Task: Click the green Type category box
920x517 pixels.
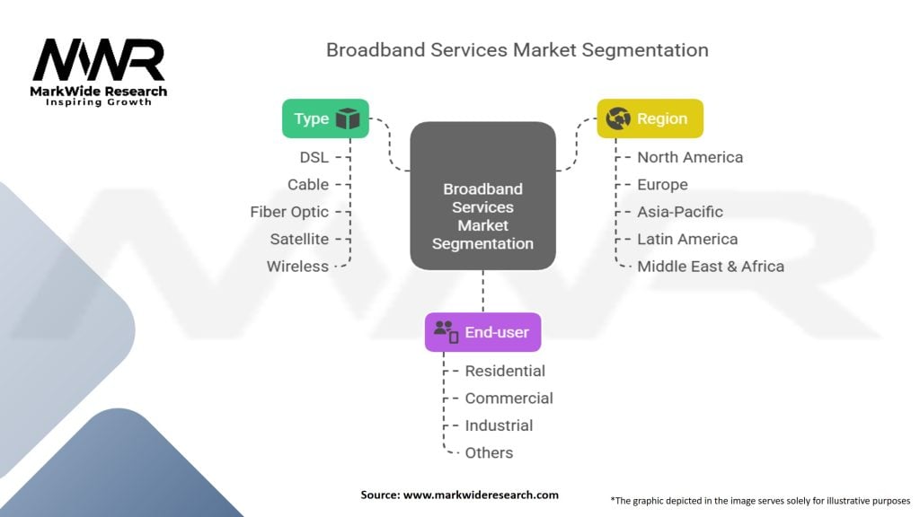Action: tap(325, 118)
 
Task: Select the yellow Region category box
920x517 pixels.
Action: tap(650, 118)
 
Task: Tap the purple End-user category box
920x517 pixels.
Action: tap(482, 332)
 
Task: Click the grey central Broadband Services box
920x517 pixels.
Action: tap(482, 196)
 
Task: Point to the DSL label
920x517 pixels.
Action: tap(314, 157)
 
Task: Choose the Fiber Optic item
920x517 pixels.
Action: tap(289, 212)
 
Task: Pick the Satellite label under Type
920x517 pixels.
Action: tap(299, 239)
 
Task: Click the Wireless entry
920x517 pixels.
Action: tap(297, 266)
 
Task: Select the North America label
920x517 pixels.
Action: tap(690, 157)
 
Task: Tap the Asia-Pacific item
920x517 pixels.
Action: tap(680, 212)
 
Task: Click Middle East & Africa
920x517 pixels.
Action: tap(711, 266)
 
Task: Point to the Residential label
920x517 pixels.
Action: tap(505, 371)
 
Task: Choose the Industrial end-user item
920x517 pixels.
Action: tap(499, 425)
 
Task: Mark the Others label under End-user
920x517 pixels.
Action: tap(489, 452)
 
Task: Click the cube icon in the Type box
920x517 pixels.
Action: tap(348, 118)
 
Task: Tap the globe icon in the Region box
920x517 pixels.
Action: tap(618, 118)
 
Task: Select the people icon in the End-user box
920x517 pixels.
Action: tap(446, 332)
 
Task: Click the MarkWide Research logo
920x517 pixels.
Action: tap(99, 73)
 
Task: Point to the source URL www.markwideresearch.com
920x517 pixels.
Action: tap(481, 495)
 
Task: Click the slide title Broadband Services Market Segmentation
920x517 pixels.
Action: tap(517, 50)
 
